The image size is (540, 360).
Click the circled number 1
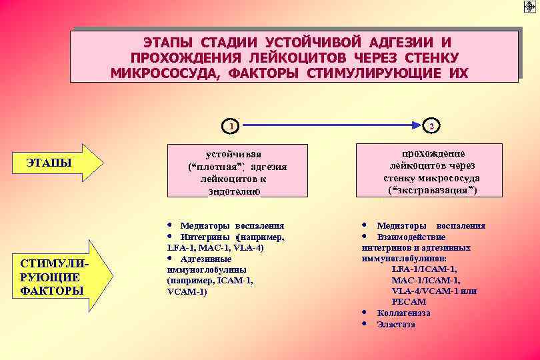point(231,125)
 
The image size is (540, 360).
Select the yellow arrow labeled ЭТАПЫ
point(59,163)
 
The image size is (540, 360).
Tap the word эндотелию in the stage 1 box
point(234,191)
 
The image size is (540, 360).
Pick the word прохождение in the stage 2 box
point(433,153)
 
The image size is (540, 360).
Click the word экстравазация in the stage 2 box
point(433,191)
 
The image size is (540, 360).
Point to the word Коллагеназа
point(403,313)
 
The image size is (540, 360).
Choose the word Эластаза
point(396,324)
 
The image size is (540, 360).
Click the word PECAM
point(409,301)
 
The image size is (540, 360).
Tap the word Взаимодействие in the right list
point(411,237)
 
